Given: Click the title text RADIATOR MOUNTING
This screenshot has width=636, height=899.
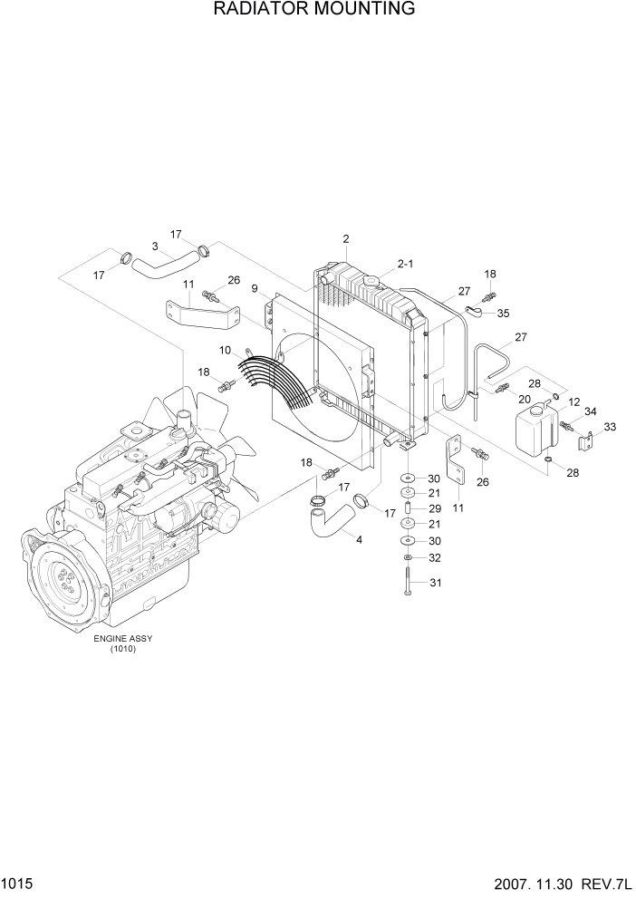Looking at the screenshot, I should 314,10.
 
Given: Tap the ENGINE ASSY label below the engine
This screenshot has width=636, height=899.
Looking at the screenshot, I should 123,638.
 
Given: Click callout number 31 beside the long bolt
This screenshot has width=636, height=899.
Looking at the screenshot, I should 434,583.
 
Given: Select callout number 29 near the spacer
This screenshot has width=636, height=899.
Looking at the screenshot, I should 434,509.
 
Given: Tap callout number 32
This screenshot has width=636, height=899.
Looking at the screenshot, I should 434,557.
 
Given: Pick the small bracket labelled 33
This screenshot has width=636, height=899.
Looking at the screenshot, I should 586,444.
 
